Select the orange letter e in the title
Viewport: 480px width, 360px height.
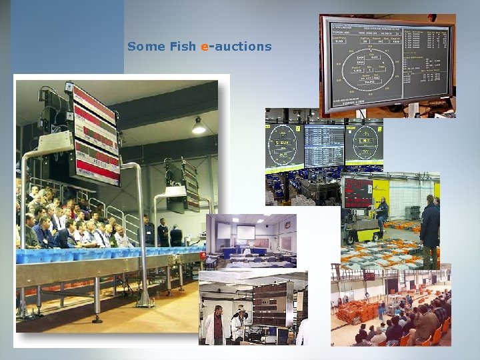point(204,47)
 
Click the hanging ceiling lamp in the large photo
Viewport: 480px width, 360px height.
point(199,126)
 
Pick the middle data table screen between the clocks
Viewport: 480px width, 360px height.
point(325,145)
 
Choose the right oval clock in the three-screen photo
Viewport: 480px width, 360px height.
point(364,142)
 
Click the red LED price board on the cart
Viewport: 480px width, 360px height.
point(358,193)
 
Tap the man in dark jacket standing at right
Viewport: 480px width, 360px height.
point(429,227)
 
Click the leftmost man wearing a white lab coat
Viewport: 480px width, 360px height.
point(215,327)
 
